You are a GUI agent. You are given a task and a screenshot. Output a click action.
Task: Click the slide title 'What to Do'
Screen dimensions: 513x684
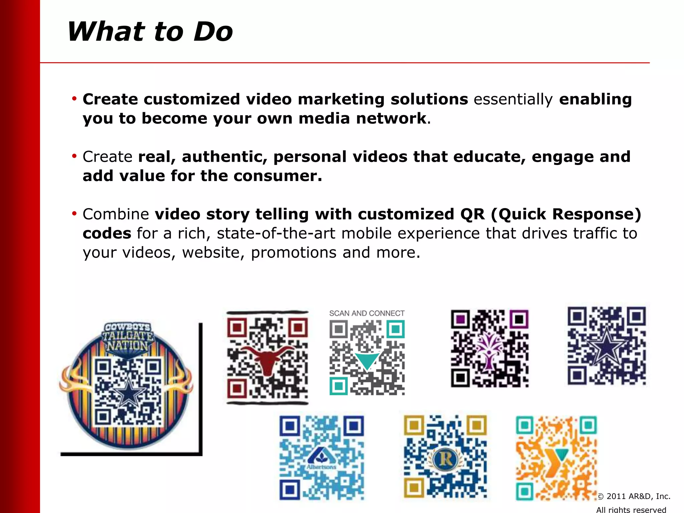pos(150,32)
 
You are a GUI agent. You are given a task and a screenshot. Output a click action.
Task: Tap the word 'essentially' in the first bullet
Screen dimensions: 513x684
pos(513,100)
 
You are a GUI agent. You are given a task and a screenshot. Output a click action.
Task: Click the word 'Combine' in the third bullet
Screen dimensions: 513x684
pos(116,214)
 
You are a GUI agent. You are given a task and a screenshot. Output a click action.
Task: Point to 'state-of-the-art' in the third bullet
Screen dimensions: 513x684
pos(276,233)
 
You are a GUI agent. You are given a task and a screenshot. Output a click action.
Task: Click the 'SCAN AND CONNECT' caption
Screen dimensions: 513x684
pos(367,313)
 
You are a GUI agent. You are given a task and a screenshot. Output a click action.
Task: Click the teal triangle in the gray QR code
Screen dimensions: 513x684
pos(367,361)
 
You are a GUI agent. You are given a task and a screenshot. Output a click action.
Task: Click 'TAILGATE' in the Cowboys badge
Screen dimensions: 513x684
pos(128,336)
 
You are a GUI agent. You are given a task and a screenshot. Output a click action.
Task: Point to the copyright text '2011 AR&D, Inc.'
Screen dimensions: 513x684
pos(638,496)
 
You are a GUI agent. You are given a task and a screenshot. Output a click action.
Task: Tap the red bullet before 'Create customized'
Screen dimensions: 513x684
pos(74,99)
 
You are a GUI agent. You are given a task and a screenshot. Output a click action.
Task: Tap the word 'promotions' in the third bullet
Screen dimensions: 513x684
pos(294,252)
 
